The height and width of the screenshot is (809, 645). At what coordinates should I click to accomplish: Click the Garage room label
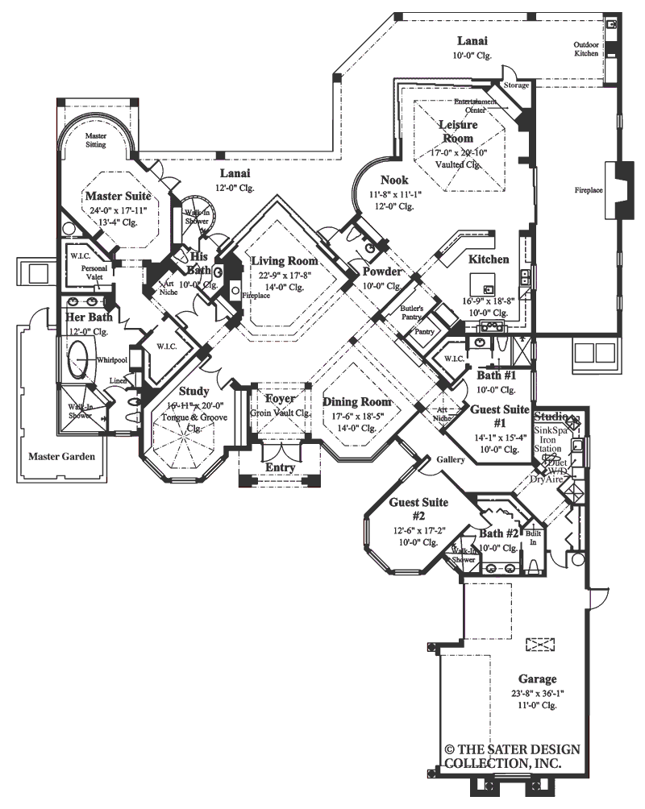coord(538,679)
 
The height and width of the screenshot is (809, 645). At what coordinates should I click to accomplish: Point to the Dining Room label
coord(357,402)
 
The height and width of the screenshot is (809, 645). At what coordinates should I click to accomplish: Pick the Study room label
coord(193,391)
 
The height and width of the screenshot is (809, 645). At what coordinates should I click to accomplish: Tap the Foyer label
coord(280,399)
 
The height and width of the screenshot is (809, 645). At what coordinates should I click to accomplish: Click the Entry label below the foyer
coord(280,468)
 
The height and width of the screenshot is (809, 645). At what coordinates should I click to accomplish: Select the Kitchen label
coord(489,259)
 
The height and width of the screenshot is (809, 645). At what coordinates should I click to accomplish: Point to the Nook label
coord(395,180)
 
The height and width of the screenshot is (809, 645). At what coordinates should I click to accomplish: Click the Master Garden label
coord(61,457)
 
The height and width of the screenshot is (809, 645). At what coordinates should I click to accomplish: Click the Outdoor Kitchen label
coord(586,49)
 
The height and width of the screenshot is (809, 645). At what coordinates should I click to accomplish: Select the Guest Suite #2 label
coord(407,508)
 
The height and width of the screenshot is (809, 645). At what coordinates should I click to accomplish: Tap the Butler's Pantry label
coord(412,313)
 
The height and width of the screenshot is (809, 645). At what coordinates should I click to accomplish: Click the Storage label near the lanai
coord(516,85)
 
